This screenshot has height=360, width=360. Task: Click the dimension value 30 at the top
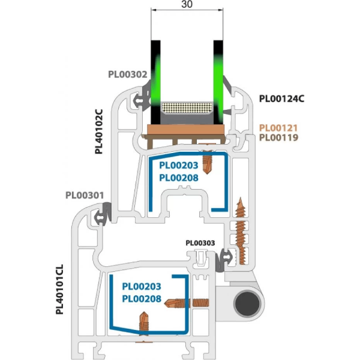click(x=187, y=5)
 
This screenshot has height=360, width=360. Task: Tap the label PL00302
click(x=127, y=76)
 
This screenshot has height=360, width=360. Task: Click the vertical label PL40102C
click(x=100, y=131)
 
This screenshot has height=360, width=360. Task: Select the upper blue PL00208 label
click(x=179, y=178)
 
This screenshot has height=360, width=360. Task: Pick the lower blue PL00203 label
click(x=142, y=287)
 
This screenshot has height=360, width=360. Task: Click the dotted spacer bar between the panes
click(x=187, y=109)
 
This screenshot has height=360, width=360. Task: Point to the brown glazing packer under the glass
click(x=187, y=129)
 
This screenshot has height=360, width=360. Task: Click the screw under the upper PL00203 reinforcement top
click(x=208, y=161)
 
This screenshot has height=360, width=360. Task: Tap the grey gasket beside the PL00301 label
click(x=106, y=212)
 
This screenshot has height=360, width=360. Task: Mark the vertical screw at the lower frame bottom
click(x=143, y=322)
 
